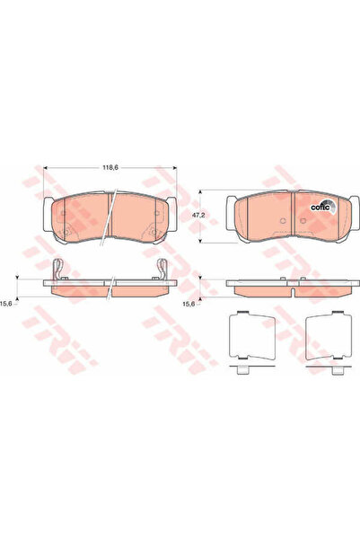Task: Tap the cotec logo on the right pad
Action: tap(320, 204)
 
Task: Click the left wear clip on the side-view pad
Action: tap(57, 268)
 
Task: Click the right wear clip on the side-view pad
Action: tap(164, 268)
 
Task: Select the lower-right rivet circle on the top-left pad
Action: tap(154, 236)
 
